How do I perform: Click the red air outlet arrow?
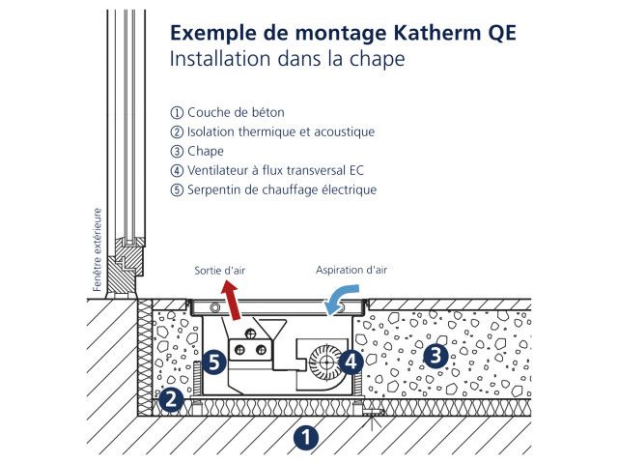click(x=232, y=300)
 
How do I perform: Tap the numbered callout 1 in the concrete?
click(x=306, y=437)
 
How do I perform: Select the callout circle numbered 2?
click(x=171, y=400)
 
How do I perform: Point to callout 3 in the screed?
click(x=435, y=356)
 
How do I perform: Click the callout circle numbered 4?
click(x=351, y=362)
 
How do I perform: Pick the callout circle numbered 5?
click(x=214, y=362)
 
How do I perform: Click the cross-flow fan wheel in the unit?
click(x=324, y=362)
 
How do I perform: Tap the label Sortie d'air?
click(x=219, y=271)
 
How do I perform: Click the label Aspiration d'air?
click(x=351, y=271)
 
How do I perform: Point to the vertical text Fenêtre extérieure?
click(x=97, y=249)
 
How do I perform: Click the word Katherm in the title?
click(x=437, y=33)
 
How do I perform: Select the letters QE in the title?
click(x=502, y=33)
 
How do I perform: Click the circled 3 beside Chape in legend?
click(x=177, y=152)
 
